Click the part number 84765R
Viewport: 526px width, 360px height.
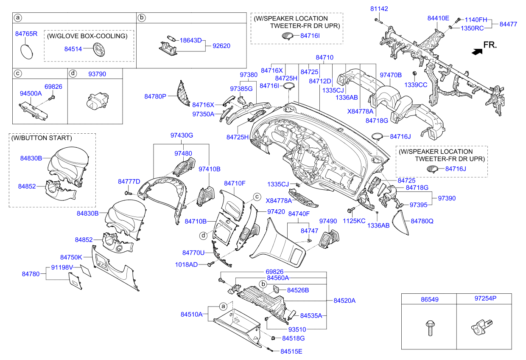point(26,34)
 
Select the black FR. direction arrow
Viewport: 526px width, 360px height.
point(477,51)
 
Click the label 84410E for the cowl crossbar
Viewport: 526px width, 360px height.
point(438,18)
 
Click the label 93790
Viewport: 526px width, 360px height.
point(97,74)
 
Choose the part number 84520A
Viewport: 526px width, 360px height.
point(344,301)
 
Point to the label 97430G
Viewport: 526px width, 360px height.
point(182,135)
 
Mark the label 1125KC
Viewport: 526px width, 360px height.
point(354,221)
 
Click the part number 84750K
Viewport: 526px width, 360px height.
point(71,257)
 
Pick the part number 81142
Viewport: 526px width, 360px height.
point(379,8)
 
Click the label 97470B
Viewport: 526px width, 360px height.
point(390,75)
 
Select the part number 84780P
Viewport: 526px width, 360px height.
point(155,97)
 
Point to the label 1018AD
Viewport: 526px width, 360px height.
point(187,264)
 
